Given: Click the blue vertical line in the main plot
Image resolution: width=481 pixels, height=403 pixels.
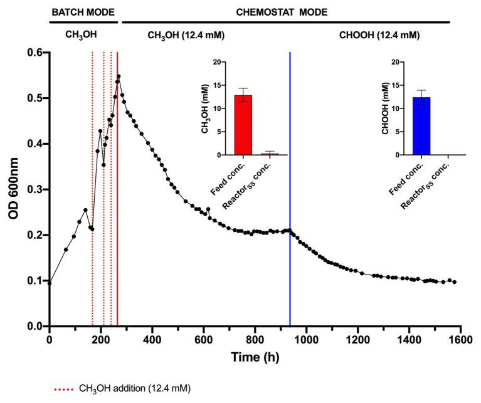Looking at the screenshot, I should tap(290, 188).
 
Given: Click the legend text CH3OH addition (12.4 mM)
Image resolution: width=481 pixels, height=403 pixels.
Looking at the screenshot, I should tap(134, 389).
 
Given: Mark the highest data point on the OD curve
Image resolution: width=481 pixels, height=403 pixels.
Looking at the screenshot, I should tap(119, 77).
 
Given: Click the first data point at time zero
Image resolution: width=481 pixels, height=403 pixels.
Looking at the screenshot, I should tap(50, 283).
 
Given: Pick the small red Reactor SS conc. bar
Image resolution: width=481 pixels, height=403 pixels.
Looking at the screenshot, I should tap(270, 154).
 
